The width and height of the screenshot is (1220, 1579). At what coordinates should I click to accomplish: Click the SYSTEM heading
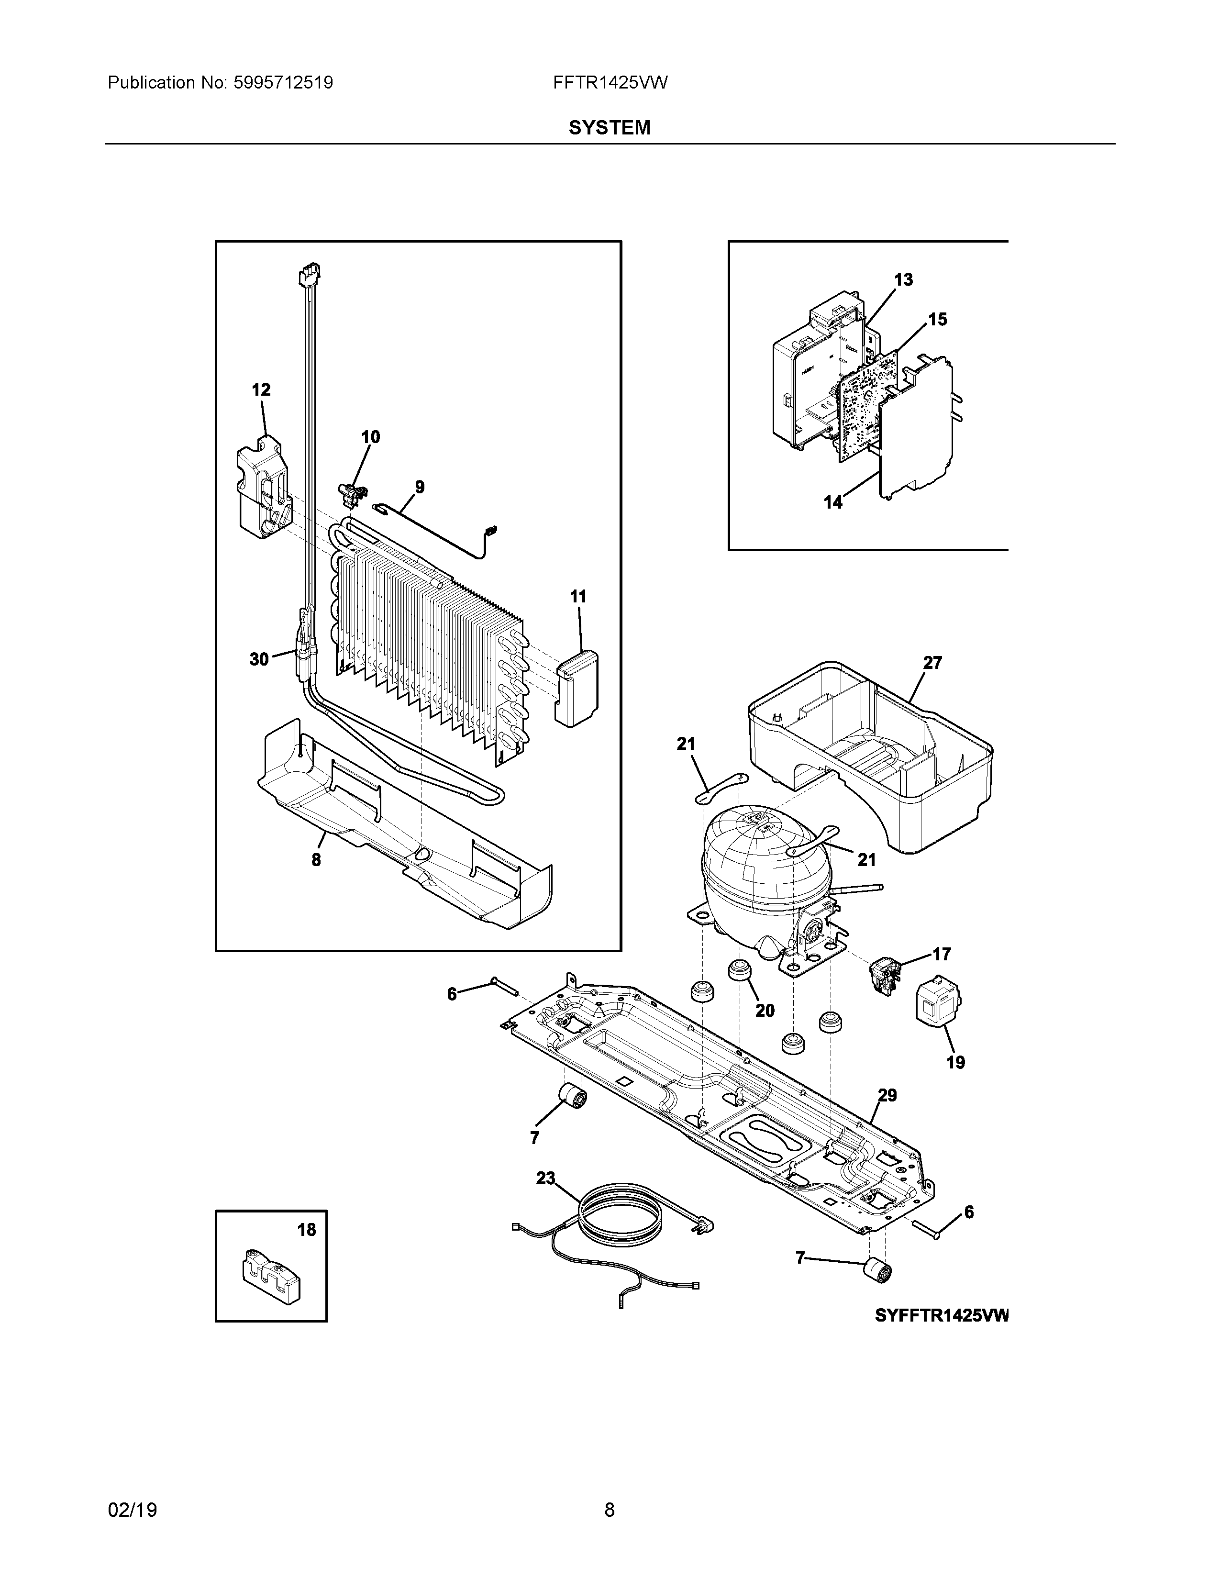609,128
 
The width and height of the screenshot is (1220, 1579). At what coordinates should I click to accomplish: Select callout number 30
259,659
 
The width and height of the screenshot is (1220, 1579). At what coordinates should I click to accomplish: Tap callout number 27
932,662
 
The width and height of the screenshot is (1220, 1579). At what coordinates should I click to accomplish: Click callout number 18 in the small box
307,1229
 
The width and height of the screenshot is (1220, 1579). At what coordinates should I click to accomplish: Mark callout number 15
937,319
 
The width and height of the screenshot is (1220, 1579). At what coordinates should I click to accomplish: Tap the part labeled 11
579,687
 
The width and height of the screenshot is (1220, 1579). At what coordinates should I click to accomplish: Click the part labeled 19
937,1001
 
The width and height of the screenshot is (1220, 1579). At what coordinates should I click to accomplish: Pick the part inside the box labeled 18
271,1278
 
